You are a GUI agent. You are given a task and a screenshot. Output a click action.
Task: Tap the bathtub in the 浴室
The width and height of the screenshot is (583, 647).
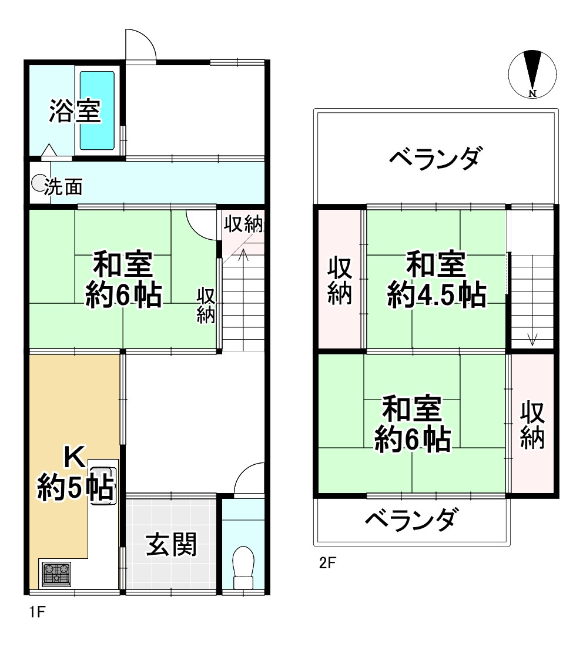coord(97,110)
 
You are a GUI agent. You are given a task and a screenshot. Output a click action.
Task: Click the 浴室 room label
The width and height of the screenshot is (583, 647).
coord(74,110)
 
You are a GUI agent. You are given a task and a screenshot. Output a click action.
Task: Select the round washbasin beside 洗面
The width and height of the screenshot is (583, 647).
coord(39,184)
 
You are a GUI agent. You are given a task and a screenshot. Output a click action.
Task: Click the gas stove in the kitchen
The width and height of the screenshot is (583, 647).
coord(56,574)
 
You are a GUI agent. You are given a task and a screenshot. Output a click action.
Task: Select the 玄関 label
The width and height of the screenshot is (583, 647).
coord(171,545)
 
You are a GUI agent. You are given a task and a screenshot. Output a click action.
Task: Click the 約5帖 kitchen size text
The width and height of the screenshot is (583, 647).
coord(75,489)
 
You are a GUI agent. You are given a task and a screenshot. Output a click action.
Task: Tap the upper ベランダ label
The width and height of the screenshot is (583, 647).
coord(437,159)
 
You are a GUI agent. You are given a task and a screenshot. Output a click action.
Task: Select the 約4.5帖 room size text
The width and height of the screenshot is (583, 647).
coord(436,295)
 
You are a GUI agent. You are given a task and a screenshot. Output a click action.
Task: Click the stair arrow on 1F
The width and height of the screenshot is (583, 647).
coord(244,255)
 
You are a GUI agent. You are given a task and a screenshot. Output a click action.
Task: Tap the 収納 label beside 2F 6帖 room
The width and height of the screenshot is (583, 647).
coord(532,425)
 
